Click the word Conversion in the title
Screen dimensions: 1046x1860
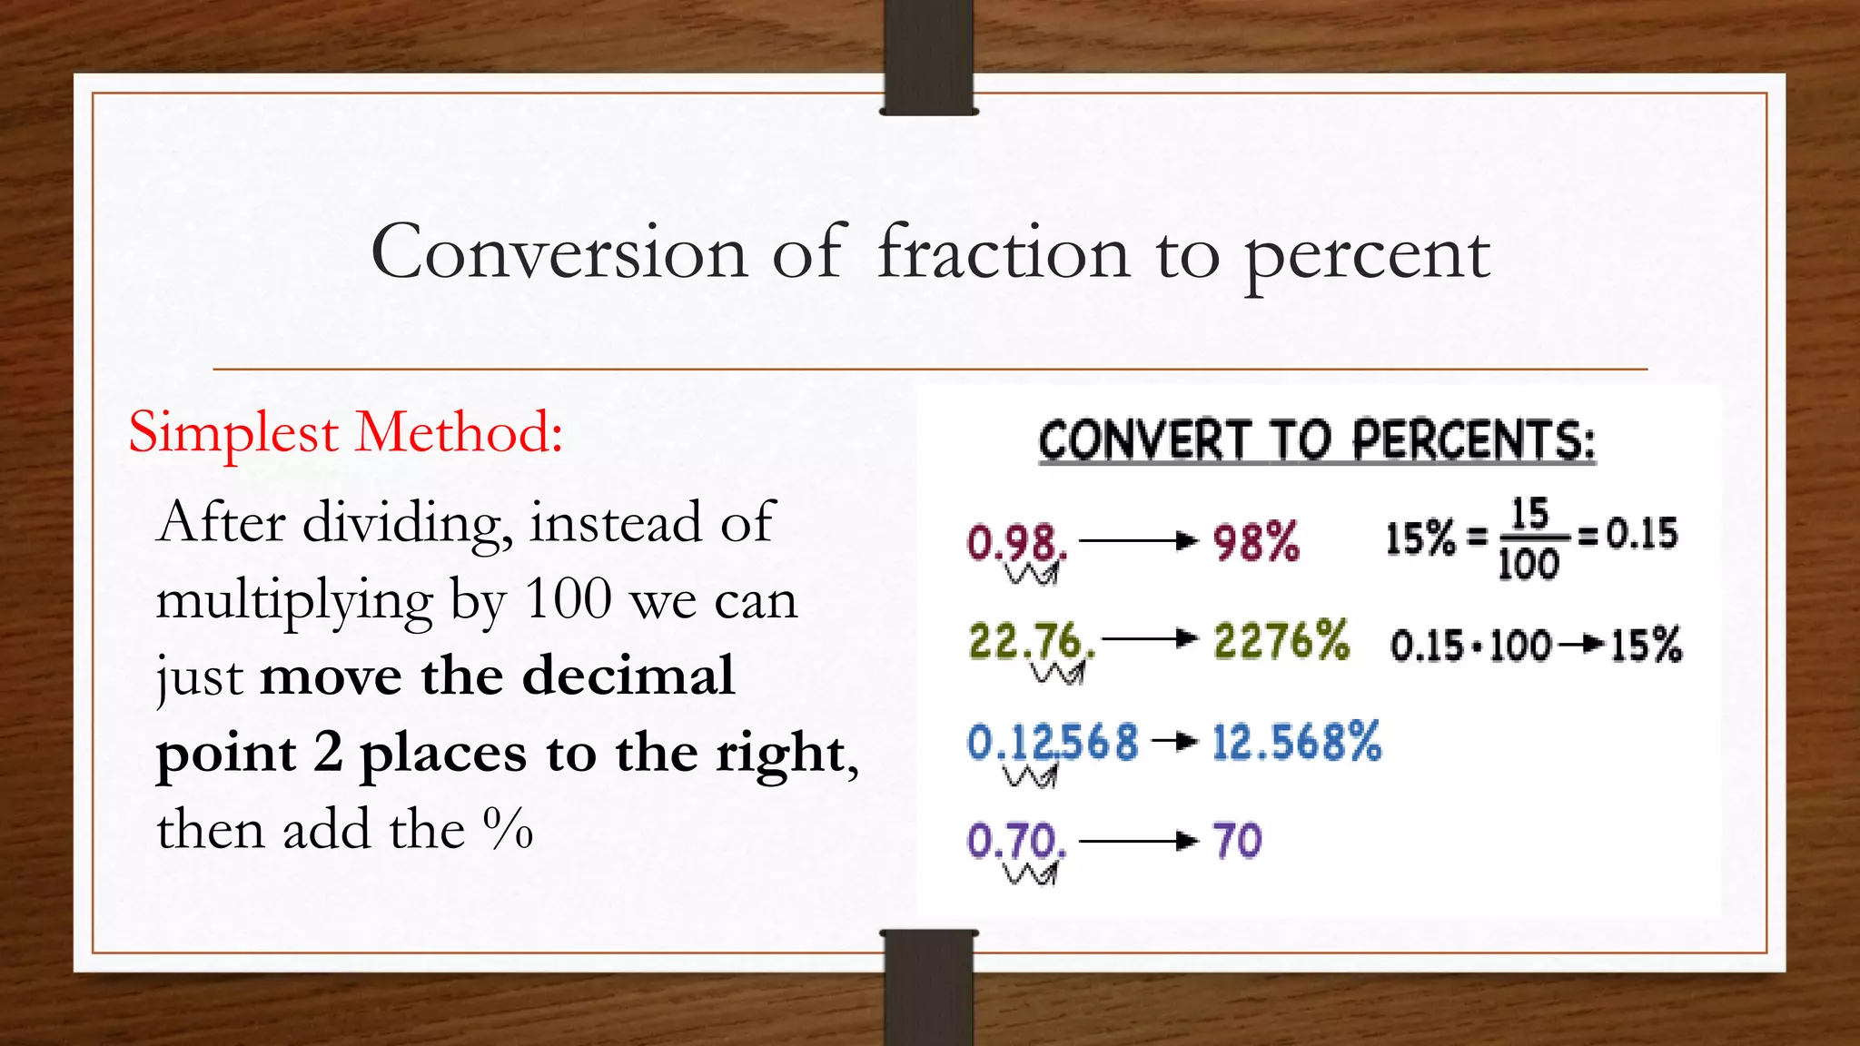coord(559,252)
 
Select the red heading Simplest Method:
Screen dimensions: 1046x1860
coord(345,432)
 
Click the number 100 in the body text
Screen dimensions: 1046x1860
coord(569,599)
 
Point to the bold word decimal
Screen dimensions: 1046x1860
coord(628,676)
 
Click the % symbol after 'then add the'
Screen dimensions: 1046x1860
coord(508,829)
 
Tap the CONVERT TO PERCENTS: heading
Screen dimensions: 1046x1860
coord(1317,441)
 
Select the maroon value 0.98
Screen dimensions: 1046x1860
coord(1015,543)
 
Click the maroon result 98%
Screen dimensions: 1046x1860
coord(1256,543)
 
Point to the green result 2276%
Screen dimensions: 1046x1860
coord(1281,641)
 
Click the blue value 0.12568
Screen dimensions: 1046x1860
coord(1052,742)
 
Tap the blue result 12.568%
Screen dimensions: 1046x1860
coord(1296,742)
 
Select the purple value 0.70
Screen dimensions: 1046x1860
coord(1015,841)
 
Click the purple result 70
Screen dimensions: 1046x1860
coord(1237,841)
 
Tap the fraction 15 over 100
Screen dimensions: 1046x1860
coord(1529,538)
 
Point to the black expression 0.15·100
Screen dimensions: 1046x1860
coord(1470,646)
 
